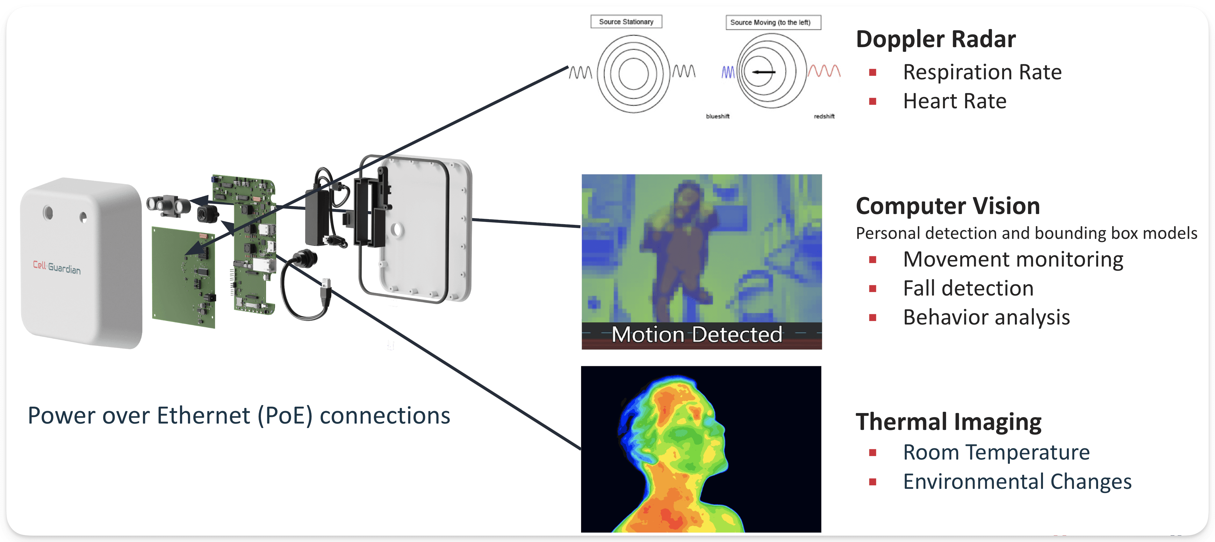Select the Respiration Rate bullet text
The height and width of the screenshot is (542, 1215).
tap(982, 72)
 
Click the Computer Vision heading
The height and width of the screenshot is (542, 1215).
tap(948, 206)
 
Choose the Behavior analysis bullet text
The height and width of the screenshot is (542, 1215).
tap(986, 317)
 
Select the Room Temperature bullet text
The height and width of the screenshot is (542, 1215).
tap(996, 453)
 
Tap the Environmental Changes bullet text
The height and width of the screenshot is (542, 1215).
tap(1017, 482)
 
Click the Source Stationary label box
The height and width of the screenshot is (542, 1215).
tap(626, 22)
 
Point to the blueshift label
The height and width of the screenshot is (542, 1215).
tap(717, 117)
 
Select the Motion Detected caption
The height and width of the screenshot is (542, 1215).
tap(697, 335)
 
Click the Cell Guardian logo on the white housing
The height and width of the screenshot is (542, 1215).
tap(57, 267)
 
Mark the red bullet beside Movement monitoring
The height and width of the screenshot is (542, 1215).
tap(872, 260)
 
